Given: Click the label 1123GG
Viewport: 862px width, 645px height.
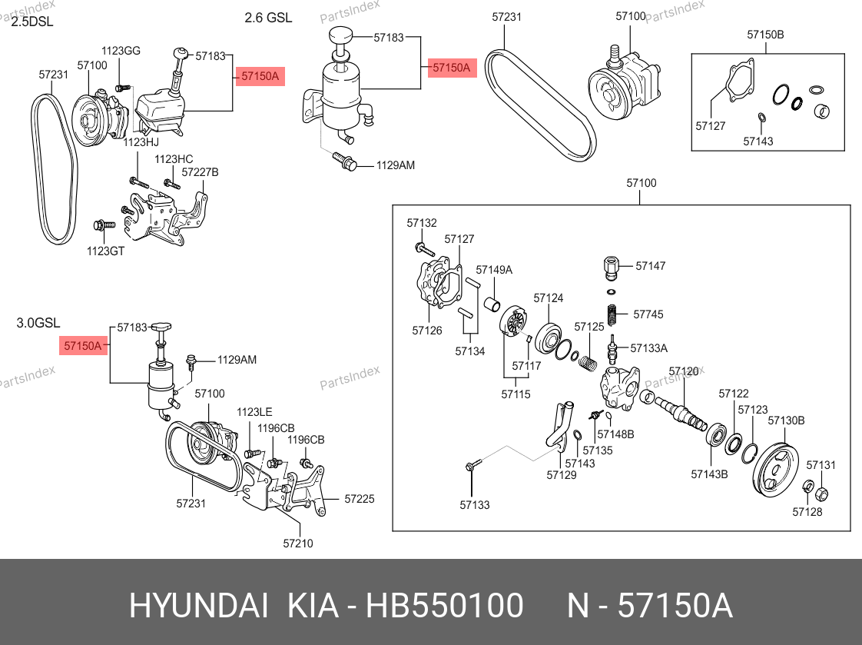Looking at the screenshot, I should pos(121,51).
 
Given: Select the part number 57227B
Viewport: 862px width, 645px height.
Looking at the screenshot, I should pos(201,172).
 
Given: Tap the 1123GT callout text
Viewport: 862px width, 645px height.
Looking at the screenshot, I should pos(105,251).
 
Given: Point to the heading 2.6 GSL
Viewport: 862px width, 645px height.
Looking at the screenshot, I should pos(268,18).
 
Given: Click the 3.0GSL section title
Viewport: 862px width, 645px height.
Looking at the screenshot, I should pos(38,324).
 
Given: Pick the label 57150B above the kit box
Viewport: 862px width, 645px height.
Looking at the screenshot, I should pos(765,35).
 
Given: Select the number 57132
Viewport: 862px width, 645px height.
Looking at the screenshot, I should pos(422,223).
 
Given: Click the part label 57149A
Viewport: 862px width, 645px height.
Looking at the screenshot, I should pos(494,270).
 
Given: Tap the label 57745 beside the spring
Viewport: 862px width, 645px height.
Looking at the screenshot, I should pos(648,314).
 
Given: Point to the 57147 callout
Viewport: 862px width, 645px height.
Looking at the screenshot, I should pos(651,266).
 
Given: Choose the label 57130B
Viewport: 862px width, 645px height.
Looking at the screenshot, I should pos(786,421).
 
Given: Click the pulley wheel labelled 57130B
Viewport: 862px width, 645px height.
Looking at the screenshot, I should pos(776,471).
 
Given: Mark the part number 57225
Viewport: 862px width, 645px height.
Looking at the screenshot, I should pos(360,499).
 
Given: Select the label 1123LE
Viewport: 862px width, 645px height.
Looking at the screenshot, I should pos(254,413).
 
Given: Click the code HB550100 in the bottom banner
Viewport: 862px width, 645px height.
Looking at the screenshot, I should pos(445,607).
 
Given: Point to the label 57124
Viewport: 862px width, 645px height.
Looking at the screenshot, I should pos(549,298).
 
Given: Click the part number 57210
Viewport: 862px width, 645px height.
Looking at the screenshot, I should pos(298,544).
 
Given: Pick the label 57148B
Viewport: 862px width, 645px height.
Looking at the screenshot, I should pos(619,434).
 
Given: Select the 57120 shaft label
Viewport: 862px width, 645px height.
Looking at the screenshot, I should pos(684,371).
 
